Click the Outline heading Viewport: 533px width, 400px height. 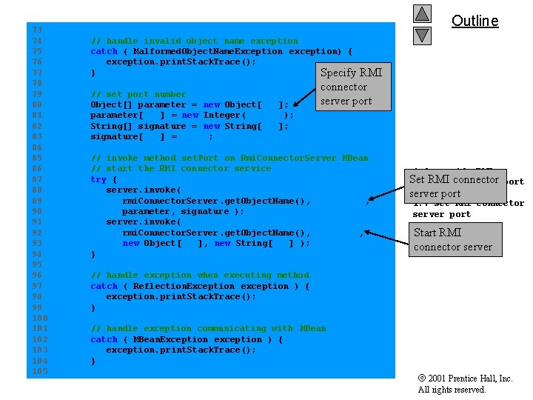coord(475,21)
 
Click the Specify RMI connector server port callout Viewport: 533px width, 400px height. coord(350,87)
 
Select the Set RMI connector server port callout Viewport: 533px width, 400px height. coord(454,186)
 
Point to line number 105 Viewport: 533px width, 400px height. coord(40,371)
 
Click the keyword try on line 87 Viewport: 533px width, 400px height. coord(98,179)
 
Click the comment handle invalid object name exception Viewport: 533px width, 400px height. coord(194,41)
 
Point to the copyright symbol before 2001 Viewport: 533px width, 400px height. coord(422,378)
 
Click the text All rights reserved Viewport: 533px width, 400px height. coord(452,390)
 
